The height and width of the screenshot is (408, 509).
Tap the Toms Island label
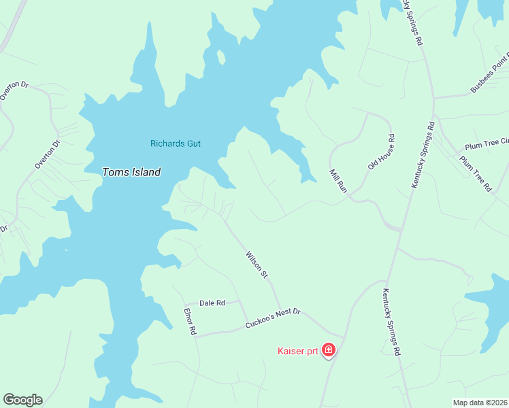coord(131,172)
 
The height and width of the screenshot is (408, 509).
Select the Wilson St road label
coord(256,265)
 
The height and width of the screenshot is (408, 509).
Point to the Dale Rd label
coord(212,303)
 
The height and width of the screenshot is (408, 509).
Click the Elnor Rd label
coord(190,321)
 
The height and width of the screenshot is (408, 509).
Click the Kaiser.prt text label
coord(298,351)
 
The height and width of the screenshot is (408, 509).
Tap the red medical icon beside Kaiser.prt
coord(329,350)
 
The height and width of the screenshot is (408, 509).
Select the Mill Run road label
coord(338,181)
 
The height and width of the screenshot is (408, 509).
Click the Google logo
coord(22,400)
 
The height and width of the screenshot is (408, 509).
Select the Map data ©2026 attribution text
coord(480,403)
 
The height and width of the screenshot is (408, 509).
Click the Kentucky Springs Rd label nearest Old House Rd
coord(423,154)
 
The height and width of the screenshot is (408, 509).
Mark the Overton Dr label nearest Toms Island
coord(48,154)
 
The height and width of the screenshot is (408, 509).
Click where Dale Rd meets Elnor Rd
coord(184,303)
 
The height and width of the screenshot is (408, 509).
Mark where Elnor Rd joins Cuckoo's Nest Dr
coord(197,335)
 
